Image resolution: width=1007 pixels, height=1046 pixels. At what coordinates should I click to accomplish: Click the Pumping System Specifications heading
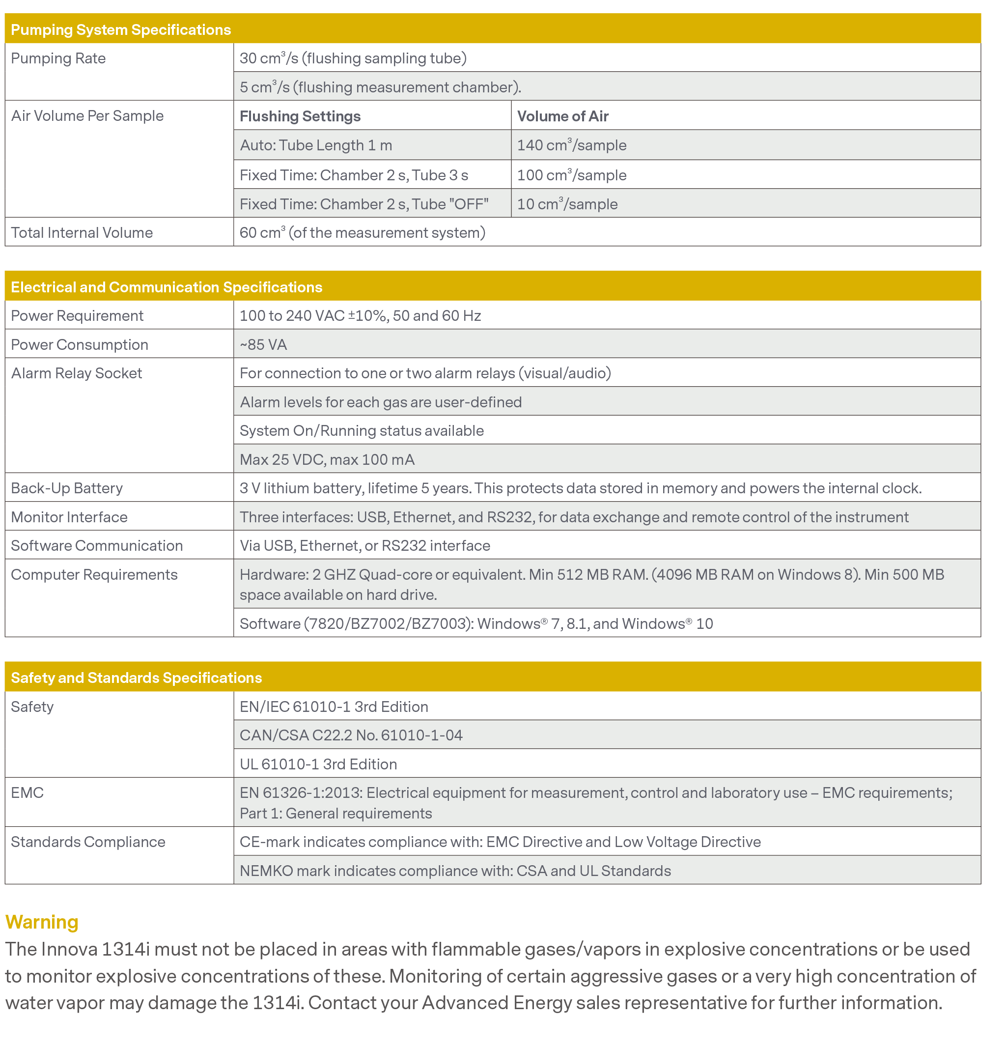121,30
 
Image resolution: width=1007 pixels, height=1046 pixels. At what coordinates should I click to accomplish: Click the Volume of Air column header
562,116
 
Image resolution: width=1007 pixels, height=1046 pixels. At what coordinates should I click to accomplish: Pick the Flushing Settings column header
300,116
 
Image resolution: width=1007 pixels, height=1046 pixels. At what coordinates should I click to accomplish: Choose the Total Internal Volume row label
82,233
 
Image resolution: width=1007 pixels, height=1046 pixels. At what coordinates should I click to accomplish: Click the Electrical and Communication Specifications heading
167,287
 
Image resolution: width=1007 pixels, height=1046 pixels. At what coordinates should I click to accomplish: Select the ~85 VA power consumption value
263,345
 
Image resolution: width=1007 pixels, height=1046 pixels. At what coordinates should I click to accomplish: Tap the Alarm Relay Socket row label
76,373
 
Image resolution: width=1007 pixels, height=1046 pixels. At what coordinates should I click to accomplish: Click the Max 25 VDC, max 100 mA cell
327,459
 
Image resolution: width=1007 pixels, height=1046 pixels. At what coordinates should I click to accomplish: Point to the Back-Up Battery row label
67,488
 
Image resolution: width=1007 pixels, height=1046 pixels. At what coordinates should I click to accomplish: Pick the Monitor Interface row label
69,517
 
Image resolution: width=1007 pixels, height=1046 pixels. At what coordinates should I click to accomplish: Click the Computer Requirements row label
94,575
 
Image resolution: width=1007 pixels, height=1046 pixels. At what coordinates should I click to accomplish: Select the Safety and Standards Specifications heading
136,678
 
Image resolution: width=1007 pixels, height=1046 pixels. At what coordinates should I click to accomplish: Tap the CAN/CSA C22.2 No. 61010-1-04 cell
351,735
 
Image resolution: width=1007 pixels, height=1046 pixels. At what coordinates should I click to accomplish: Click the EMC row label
27,793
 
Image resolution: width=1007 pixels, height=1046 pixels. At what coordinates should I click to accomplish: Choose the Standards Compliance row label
88,842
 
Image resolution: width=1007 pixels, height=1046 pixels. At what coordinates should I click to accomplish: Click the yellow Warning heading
42,922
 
